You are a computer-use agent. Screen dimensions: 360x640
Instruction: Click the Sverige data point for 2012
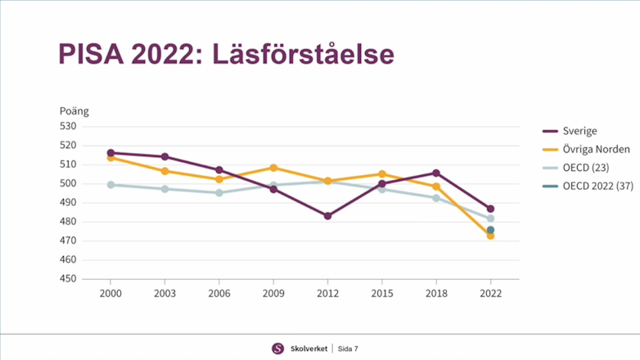tap(327, 216)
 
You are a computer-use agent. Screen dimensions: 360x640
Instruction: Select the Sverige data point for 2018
tap(436, 173)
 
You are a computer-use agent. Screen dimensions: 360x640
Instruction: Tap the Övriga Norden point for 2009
tap(273, 168)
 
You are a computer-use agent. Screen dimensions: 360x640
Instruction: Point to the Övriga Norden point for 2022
tap(490, 236)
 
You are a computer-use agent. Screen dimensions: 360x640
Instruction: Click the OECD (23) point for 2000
tap(110, 185)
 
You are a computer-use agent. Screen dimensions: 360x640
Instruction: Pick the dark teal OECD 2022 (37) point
tap(490, 230)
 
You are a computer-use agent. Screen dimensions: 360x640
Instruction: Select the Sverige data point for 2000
tap(110, 153)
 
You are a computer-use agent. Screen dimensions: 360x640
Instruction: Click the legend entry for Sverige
tap(579, 131)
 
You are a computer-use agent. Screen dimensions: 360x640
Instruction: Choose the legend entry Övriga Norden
tap(596, 150)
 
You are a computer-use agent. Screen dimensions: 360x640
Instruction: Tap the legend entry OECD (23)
tap(586, 169)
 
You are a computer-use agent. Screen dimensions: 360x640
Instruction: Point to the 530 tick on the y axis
tap(67, 127)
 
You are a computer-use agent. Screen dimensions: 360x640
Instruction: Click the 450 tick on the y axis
tap(67, 279)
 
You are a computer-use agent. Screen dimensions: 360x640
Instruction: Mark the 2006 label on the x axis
tap(219, 293)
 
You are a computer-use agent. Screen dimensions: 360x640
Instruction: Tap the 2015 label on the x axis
tap(382, 293)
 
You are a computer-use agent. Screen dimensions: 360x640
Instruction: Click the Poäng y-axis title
tap(74, 112)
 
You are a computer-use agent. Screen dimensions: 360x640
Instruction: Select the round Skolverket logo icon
tap(278, 349)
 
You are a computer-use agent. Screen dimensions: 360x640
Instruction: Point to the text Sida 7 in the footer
tap(348, 349)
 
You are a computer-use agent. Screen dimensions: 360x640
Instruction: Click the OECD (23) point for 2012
tap(327, 182)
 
